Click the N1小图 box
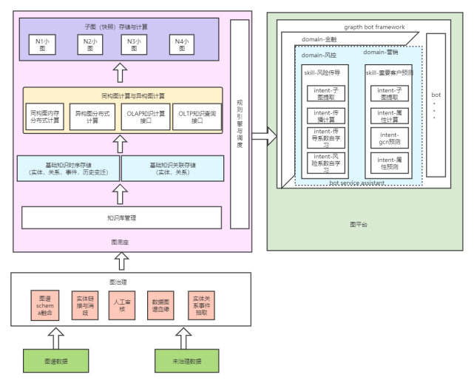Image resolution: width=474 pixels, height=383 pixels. coord(45,44)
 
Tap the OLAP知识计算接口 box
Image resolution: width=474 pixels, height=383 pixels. coord(146,117)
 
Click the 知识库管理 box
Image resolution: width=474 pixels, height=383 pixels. coord(121,218)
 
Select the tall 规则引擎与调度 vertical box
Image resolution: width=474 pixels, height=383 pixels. coord(240,123)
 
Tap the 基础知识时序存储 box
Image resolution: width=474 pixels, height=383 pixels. coord(69,169)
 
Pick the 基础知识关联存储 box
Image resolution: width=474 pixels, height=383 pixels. coord(172,169)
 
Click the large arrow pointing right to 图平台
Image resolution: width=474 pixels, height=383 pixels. coord(264,136)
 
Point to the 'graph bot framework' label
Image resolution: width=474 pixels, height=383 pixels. coord(374,27)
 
